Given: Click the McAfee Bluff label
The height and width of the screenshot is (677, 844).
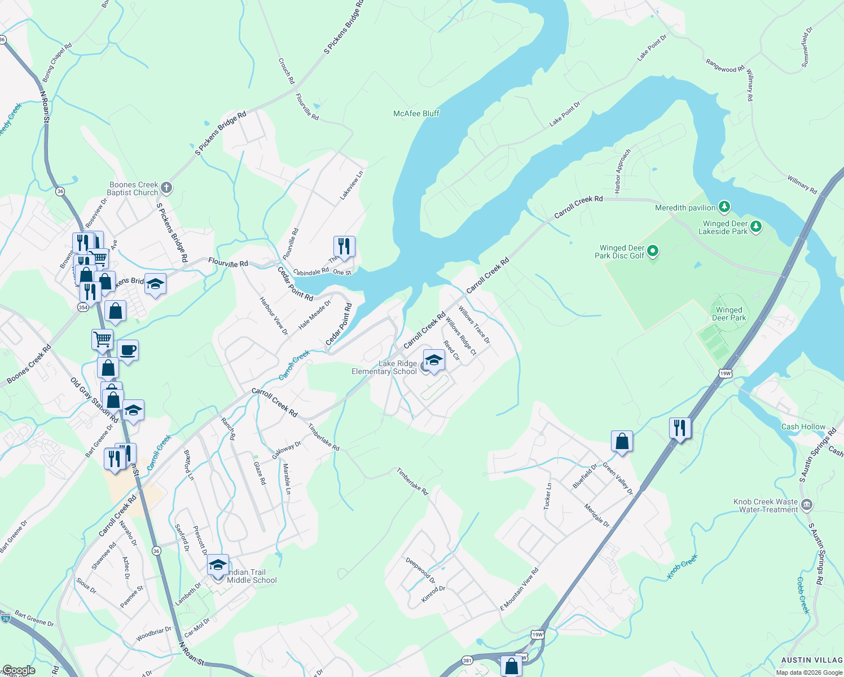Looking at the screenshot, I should pyautogui.click(x=416, y=113).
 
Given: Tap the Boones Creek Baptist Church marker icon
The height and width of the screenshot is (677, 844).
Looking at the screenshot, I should pyautogui.click(x=166, y=187).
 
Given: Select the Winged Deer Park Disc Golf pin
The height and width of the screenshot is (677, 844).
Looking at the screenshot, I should pyautogui.click(x=653, y=250).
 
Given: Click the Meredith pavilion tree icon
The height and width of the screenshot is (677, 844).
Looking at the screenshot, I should pyautogui.click(x=724, y=207).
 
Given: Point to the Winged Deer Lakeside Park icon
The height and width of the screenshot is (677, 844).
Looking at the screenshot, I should pyautogui.click(x=756, y=227).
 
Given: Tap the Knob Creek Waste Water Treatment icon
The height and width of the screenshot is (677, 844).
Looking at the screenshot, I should pyautogui.click(x=806, y=504).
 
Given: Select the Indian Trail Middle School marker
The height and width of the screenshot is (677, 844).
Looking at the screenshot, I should pyautogui.click(x=218, y=565).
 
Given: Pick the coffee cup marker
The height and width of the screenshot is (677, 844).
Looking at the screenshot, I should pyautogui.click(x=128, y=350).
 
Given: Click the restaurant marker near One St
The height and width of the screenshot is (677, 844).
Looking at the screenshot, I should pyautogui.click(x=344, y=246).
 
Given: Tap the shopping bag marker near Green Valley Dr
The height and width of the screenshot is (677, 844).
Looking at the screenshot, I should pyautogui.click(x=622, y=441).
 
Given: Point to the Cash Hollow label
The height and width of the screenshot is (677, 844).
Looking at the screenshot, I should pyautogui.click(x=803, y=427).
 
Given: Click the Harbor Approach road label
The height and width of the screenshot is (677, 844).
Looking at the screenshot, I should pyautogui.click(x=622, y=172).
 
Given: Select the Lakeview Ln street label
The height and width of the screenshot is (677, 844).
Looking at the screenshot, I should pyautogui.click(x=352, y=186).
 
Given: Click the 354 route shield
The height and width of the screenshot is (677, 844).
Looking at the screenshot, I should pyautogui.click(x=83, y=307).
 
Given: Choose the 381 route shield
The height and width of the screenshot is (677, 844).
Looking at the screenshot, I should pyautogui.click(x=467, y=660).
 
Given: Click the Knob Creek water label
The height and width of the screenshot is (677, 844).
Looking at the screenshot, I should pyautogui.click(x=683, y=566).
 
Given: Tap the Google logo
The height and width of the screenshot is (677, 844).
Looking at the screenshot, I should pyautogui.click(x=18, y=670).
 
